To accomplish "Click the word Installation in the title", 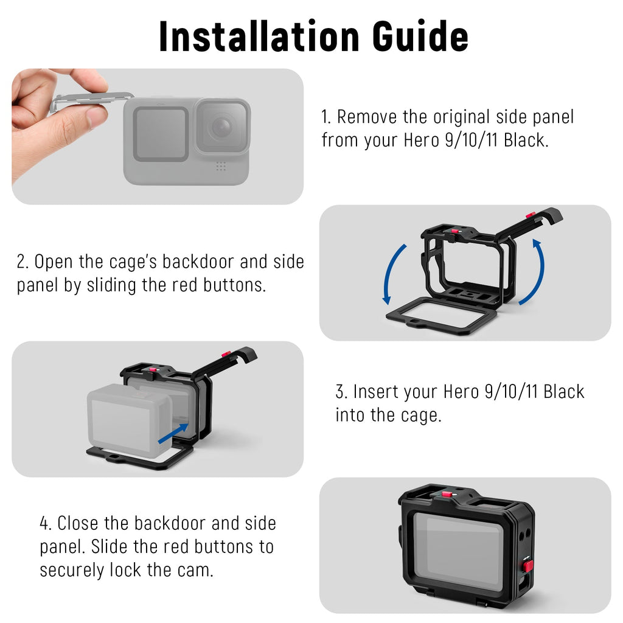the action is click(259, 37).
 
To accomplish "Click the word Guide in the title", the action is click(420, 37).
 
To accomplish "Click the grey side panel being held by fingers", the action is click(91, 100).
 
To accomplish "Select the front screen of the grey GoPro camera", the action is click(161, 134).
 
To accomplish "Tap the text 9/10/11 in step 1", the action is click(472, 141).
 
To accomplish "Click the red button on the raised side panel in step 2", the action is click(531, 215).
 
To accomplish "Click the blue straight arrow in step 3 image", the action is click(173, 433).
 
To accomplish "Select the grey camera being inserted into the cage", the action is click(129, 420).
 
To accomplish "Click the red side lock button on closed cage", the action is click(527, 566).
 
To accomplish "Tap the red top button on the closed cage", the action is click(446, 495).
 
